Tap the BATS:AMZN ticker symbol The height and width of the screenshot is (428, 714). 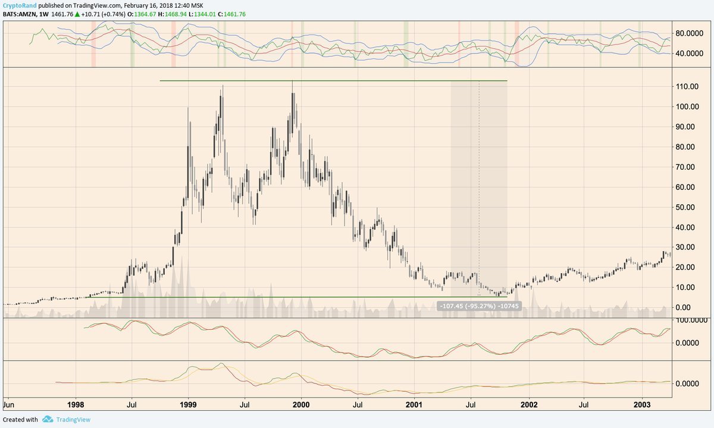click(x=19, y=15)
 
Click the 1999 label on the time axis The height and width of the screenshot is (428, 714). click(x=189, y=404)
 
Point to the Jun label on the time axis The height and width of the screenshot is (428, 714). click(x=9, y=404)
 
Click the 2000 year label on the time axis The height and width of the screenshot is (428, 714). click(x=301, y=404)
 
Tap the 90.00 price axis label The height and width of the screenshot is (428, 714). click(x=687, y=127)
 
